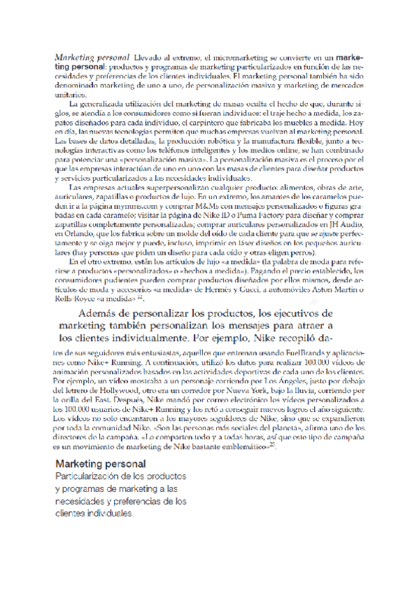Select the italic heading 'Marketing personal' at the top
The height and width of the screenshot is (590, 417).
click(x=92, y=54)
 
